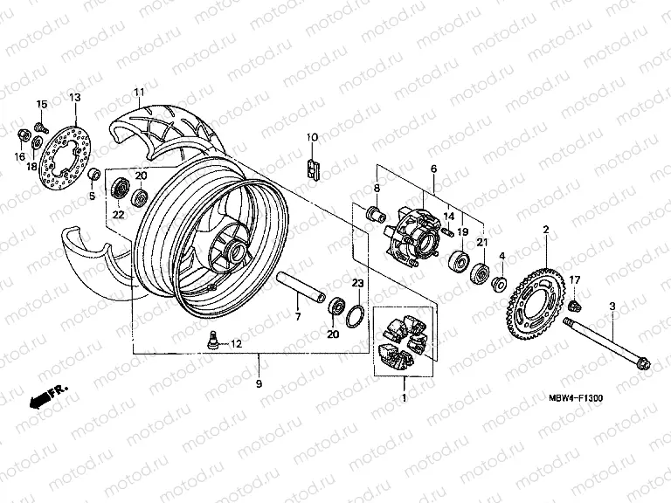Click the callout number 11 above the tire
click(x=138, y=93)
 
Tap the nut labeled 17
click(x=575, y=304)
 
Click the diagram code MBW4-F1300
click(x=576, y=398)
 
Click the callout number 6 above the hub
click(x=432, y=169)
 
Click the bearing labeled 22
click(x=120, y=188)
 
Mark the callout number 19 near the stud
click(x=463, y=232)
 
